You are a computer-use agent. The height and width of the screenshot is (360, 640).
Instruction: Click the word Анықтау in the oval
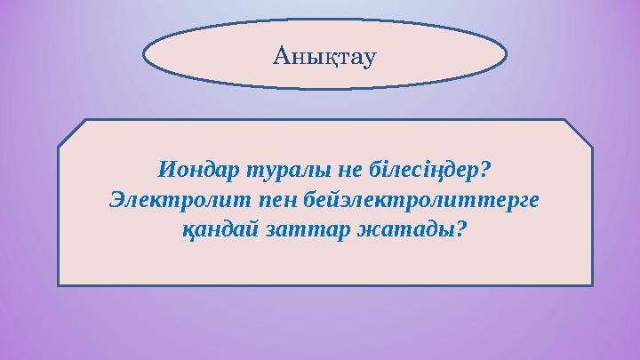324,56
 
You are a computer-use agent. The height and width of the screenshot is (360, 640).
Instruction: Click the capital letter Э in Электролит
115,198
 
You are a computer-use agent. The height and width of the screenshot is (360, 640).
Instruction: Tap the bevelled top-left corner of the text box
73,132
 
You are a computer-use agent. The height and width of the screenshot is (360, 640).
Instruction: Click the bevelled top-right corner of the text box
578,132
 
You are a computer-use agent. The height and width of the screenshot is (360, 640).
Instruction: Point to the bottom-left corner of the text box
60,284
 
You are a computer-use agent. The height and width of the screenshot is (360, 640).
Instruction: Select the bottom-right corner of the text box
591,284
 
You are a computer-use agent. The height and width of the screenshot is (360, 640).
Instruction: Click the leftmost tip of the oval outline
143,54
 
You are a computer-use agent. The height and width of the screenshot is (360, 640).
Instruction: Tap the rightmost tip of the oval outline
507,54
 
